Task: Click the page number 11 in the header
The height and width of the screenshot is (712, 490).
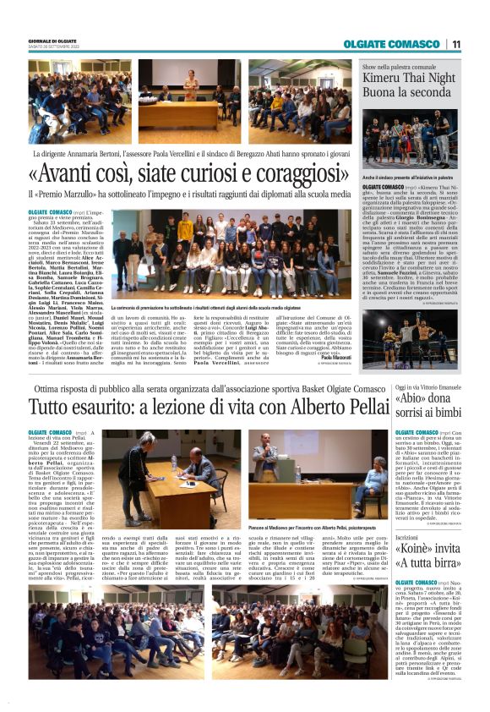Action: click(x=455, y=44)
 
